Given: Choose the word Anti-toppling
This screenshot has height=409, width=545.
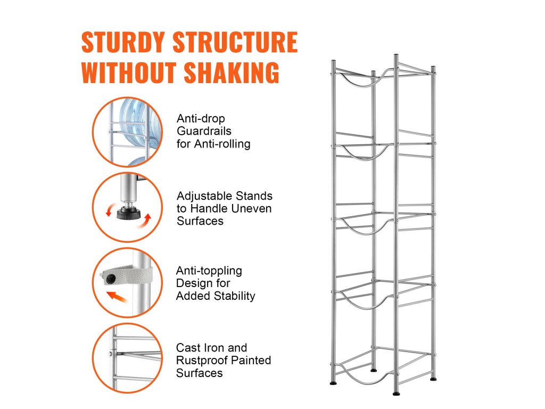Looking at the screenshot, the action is coord(209,271).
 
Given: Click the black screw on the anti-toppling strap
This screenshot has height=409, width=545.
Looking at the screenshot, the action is coord(111,279).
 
